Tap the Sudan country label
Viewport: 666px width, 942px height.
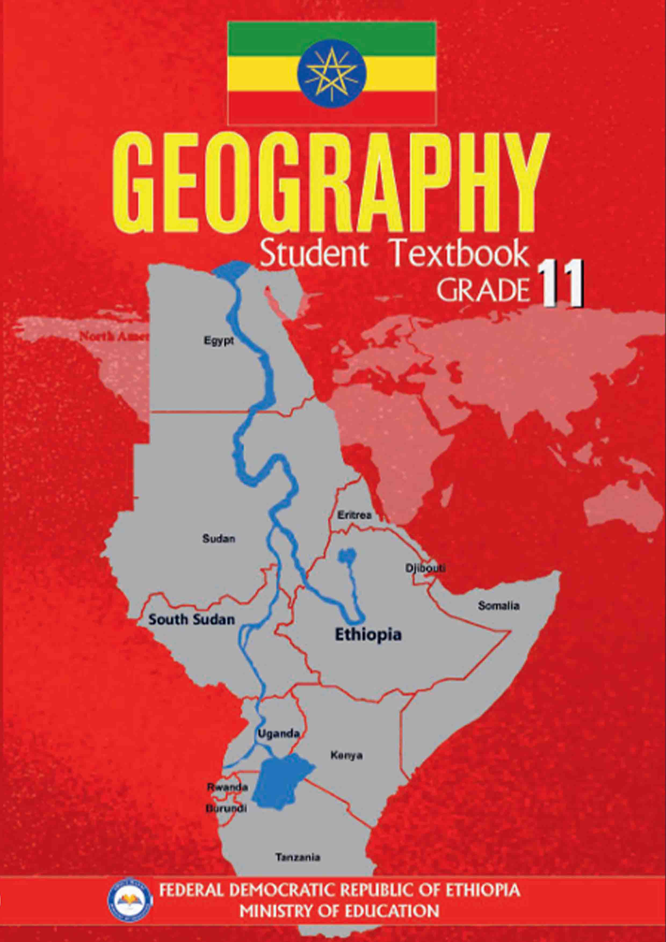click(x=218, y=539)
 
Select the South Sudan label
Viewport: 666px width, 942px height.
click(x=191, y=619)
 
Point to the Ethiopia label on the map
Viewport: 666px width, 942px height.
click(x=368, y=635)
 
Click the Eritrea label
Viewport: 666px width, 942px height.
click(x=354, y=515)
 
